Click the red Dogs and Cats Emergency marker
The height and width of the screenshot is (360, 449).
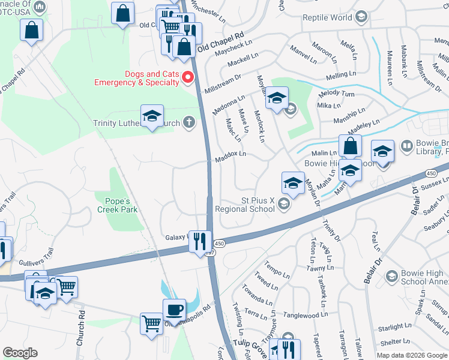(187, 77)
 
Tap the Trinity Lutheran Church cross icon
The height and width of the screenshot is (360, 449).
(189, 123)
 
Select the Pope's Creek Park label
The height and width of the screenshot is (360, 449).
(118, 204)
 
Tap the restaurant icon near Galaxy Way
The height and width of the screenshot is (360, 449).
(200, 241)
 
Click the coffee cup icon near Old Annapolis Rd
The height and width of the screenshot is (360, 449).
(174, 310)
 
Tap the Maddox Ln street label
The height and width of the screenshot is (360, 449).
(231, 155)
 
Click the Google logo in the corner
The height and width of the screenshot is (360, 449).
(20, 353)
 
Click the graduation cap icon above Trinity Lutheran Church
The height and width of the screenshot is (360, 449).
(152, 116)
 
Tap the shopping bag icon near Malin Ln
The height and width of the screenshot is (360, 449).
(350, 145)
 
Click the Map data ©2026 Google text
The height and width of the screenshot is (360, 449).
(411, 355)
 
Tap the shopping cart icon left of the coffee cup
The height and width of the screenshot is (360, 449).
(151, 324)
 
